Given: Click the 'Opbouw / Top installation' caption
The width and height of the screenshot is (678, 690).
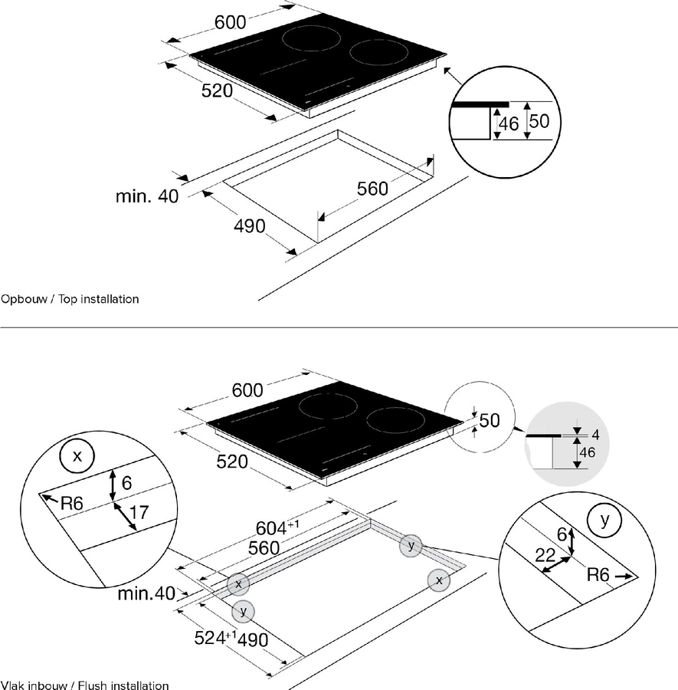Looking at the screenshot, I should (x=70, y=299).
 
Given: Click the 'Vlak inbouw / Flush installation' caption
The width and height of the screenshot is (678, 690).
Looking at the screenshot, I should (x=84, y=685).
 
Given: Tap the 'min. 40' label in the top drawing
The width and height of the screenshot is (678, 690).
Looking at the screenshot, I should (x=147, y=196).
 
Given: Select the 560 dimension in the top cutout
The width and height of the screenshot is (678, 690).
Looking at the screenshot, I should (x=373, y=188).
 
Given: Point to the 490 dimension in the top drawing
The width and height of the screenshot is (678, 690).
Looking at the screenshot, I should (x=249, y=225).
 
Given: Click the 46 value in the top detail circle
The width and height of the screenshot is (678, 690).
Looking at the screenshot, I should (x=508, y=123).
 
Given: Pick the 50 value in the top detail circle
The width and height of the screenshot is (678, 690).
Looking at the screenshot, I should (x=539, y=121).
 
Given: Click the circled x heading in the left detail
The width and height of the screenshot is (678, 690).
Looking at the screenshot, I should (x=76, y=456).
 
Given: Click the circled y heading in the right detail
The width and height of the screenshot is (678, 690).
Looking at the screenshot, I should (x=604, y=520).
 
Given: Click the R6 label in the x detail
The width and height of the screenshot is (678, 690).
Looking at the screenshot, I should (x=72, y=504).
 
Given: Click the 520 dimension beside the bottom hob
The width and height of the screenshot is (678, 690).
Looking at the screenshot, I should (x=232, y=462).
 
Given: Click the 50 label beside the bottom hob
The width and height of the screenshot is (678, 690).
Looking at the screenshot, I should (x=489, y=420).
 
